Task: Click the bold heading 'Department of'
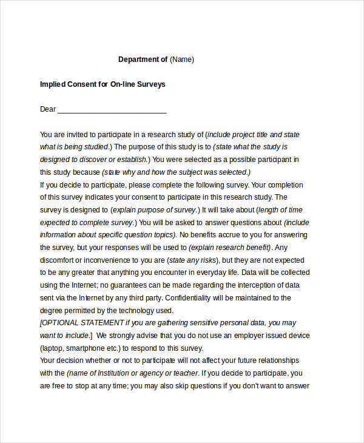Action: click(143, 59)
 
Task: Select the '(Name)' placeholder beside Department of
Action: click(182, 59)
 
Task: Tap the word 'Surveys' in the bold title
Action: click(151, 84)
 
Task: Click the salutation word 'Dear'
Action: click(48, 109)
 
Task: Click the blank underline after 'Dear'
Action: click(112, 110)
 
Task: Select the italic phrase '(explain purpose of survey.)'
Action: click(155, 210)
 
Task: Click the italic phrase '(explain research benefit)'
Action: click(230, 248)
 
